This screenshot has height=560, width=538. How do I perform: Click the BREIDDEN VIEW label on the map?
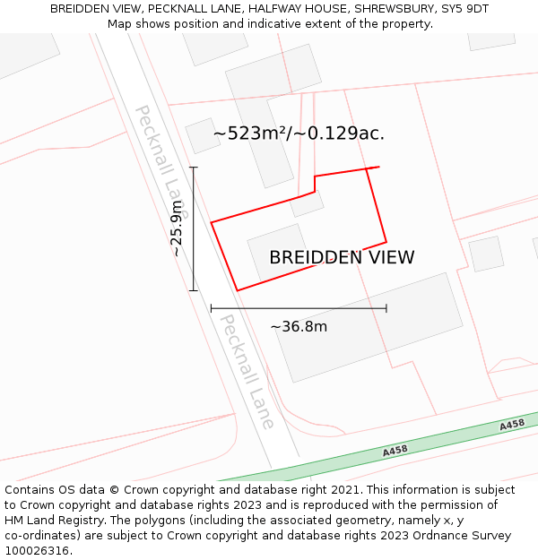click(x=342, y=258)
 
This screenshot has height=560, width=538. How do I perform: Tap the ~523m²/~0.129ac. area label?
click(x=299, y=134)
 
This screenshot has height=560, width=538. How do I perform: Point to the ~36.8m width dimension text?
click(x=299, y=326)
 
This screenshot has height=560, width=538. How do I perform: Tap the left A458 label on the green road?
click(x=395, y=451)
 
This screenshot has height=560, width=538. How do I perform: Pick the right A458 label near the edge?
click(x=512, y=425)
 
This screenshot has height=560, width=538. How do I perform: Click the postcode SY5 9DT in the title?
click(x=465, y=8)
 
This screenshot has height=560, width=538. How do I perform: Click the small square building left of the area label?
click(x=203, y=136)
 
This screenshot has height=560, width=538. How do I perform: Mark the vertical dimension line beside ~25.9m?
click(x=194, y=228)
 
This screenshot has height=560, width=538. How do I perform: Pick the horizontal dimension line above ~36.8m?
click(x=299, y=308)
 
